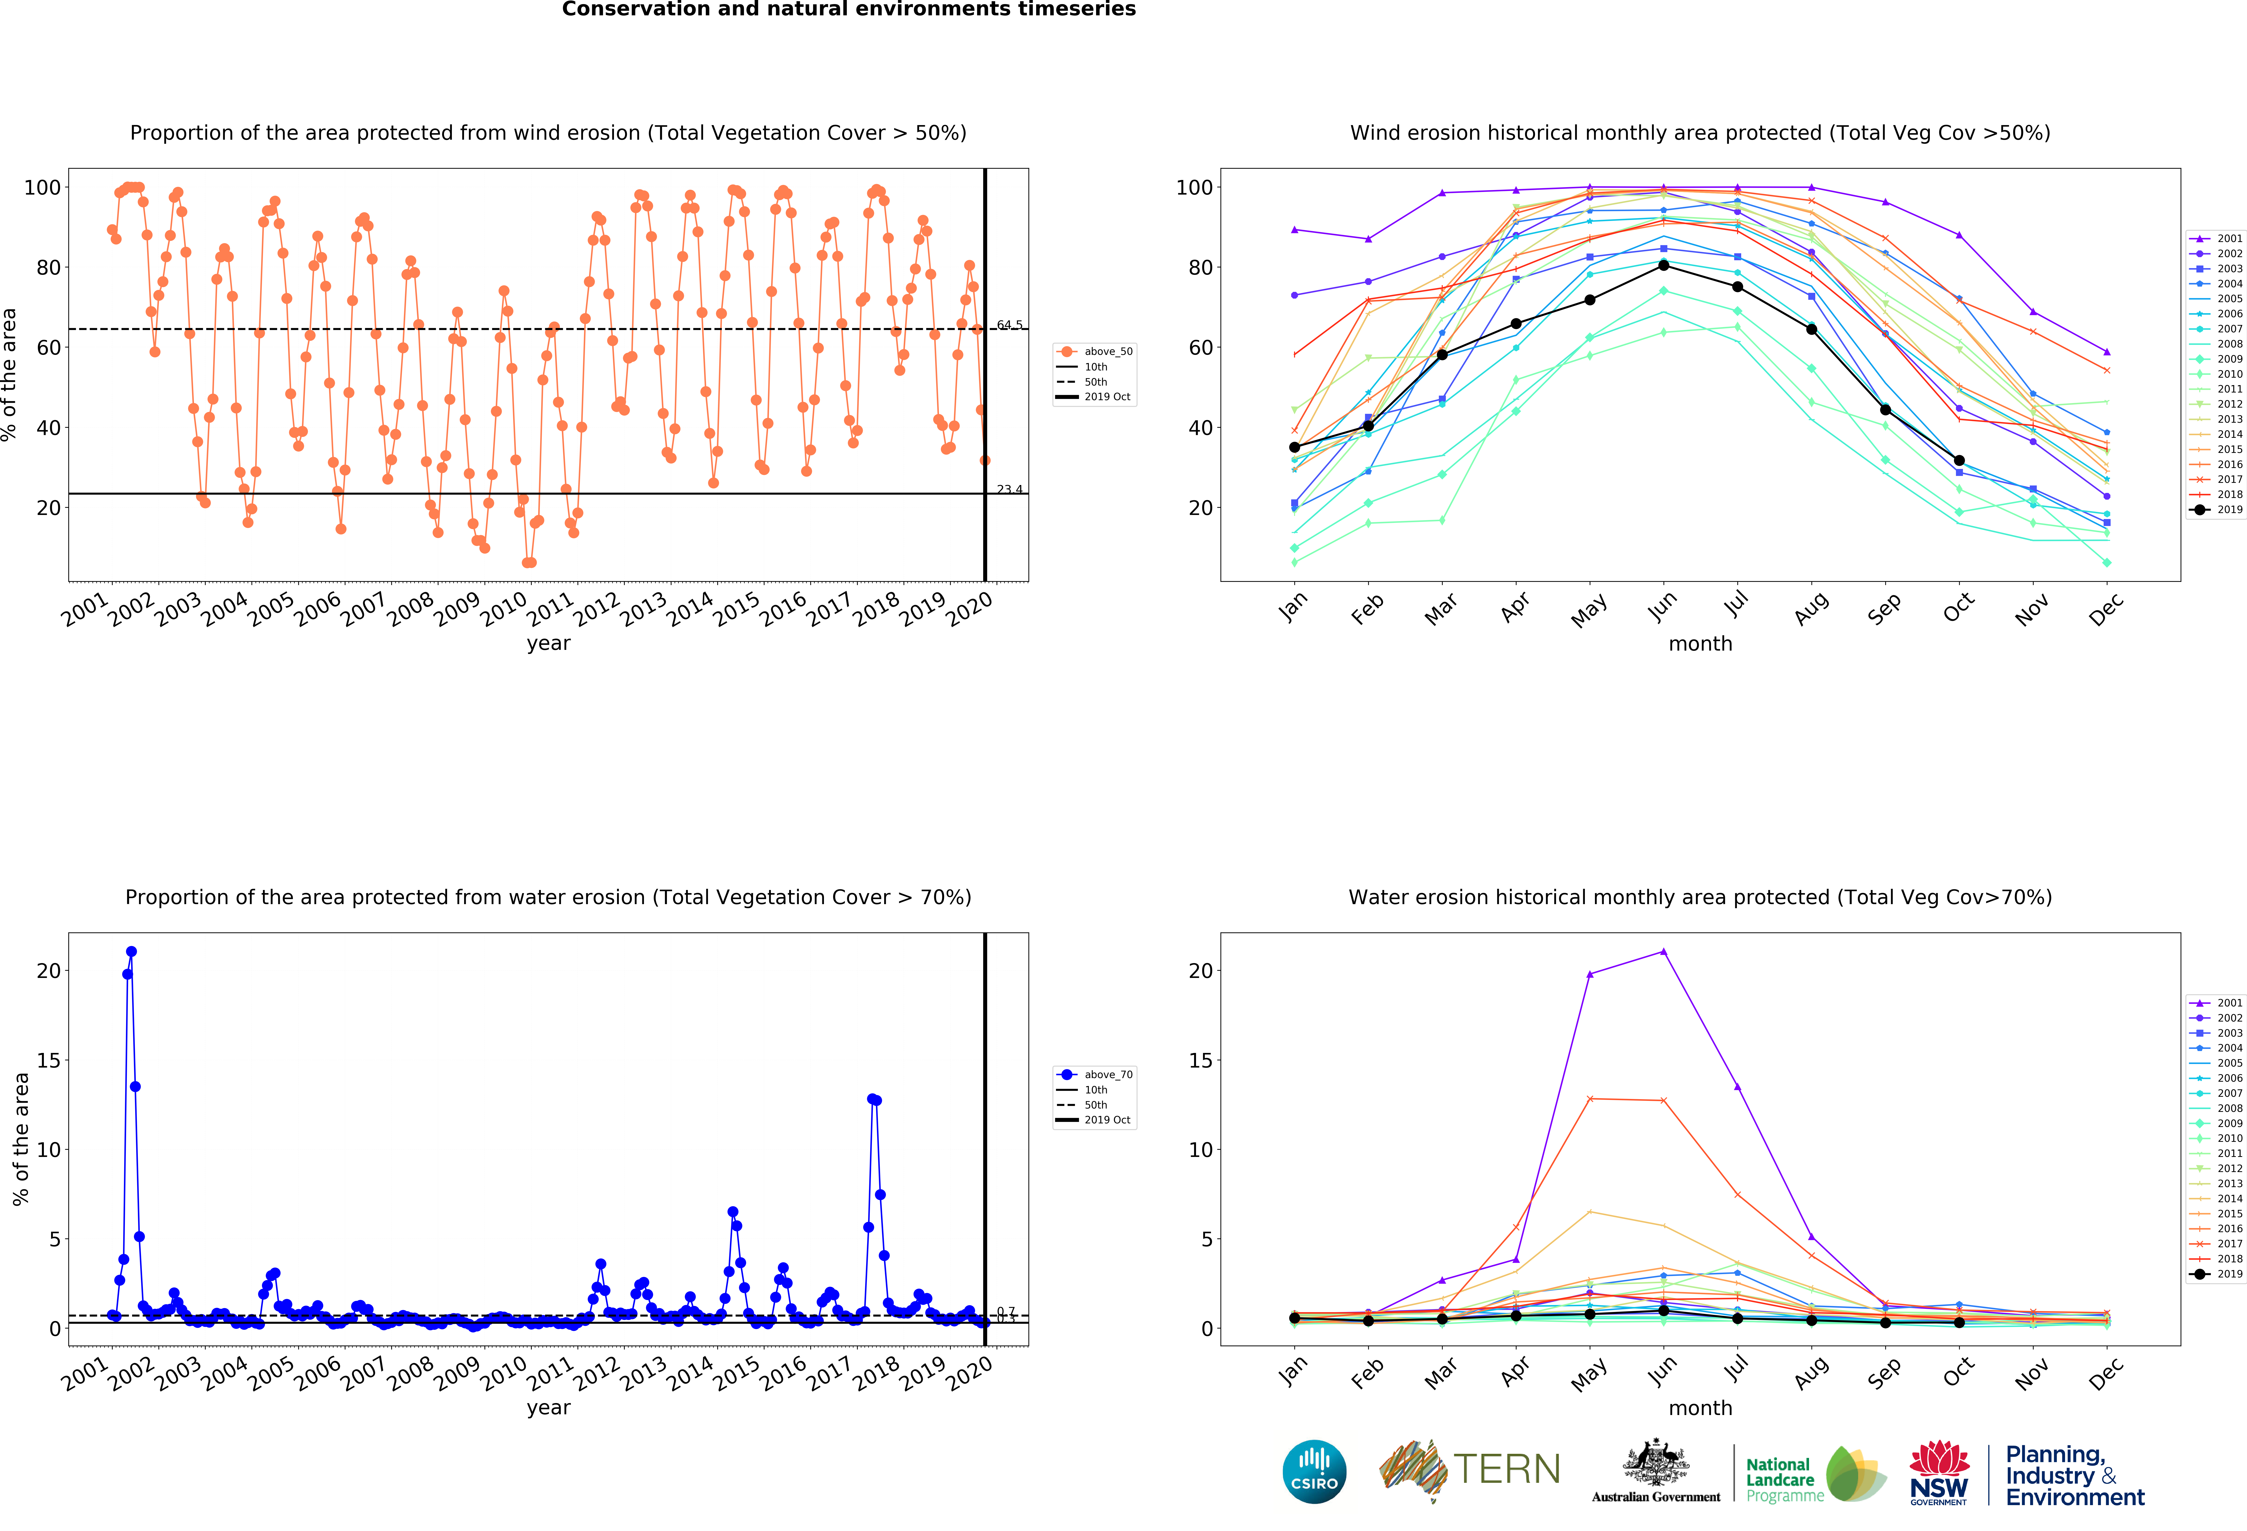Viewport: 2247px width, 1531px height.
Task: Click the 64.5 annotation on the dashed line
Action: point(1010,325)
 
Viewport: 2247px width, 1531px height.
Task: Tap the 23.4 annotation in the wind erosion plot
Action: point(1010,489)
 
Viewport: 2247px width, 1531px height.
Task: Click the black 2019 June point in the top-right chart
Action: point(1663,265)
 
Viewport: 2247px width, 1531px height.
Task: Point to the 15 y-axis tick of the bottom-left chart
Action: point(48,1060)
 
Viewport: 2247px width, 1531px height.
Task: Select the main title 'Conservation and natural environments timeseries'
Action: point(849,10)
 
